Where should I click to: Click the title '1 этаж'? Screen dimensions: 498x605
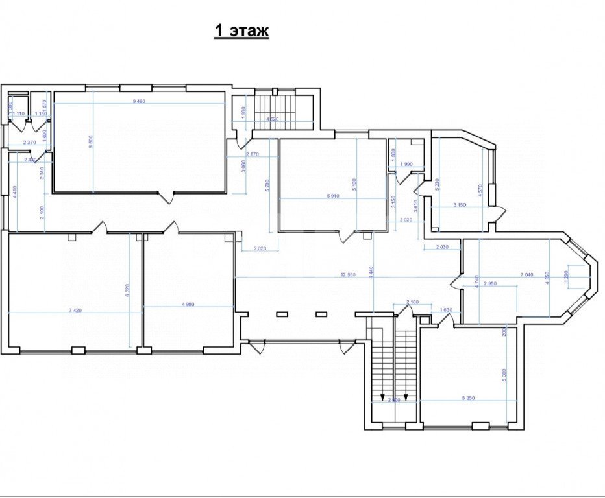(241, 31)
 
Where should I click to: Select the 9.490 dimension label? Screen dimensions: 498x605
(139, 101)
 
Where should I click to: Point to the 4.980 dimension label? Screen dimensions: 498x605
(188, 304)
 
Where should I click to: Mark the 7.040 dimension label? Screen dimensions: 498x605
(526, 275)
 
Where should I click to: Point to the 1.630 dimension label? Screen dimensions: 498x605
(446, 310)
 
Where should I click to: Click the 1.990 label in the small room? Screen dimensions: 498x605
(406, 164)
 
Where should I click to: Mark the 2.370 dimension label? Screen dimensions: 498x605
(29, 143)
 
